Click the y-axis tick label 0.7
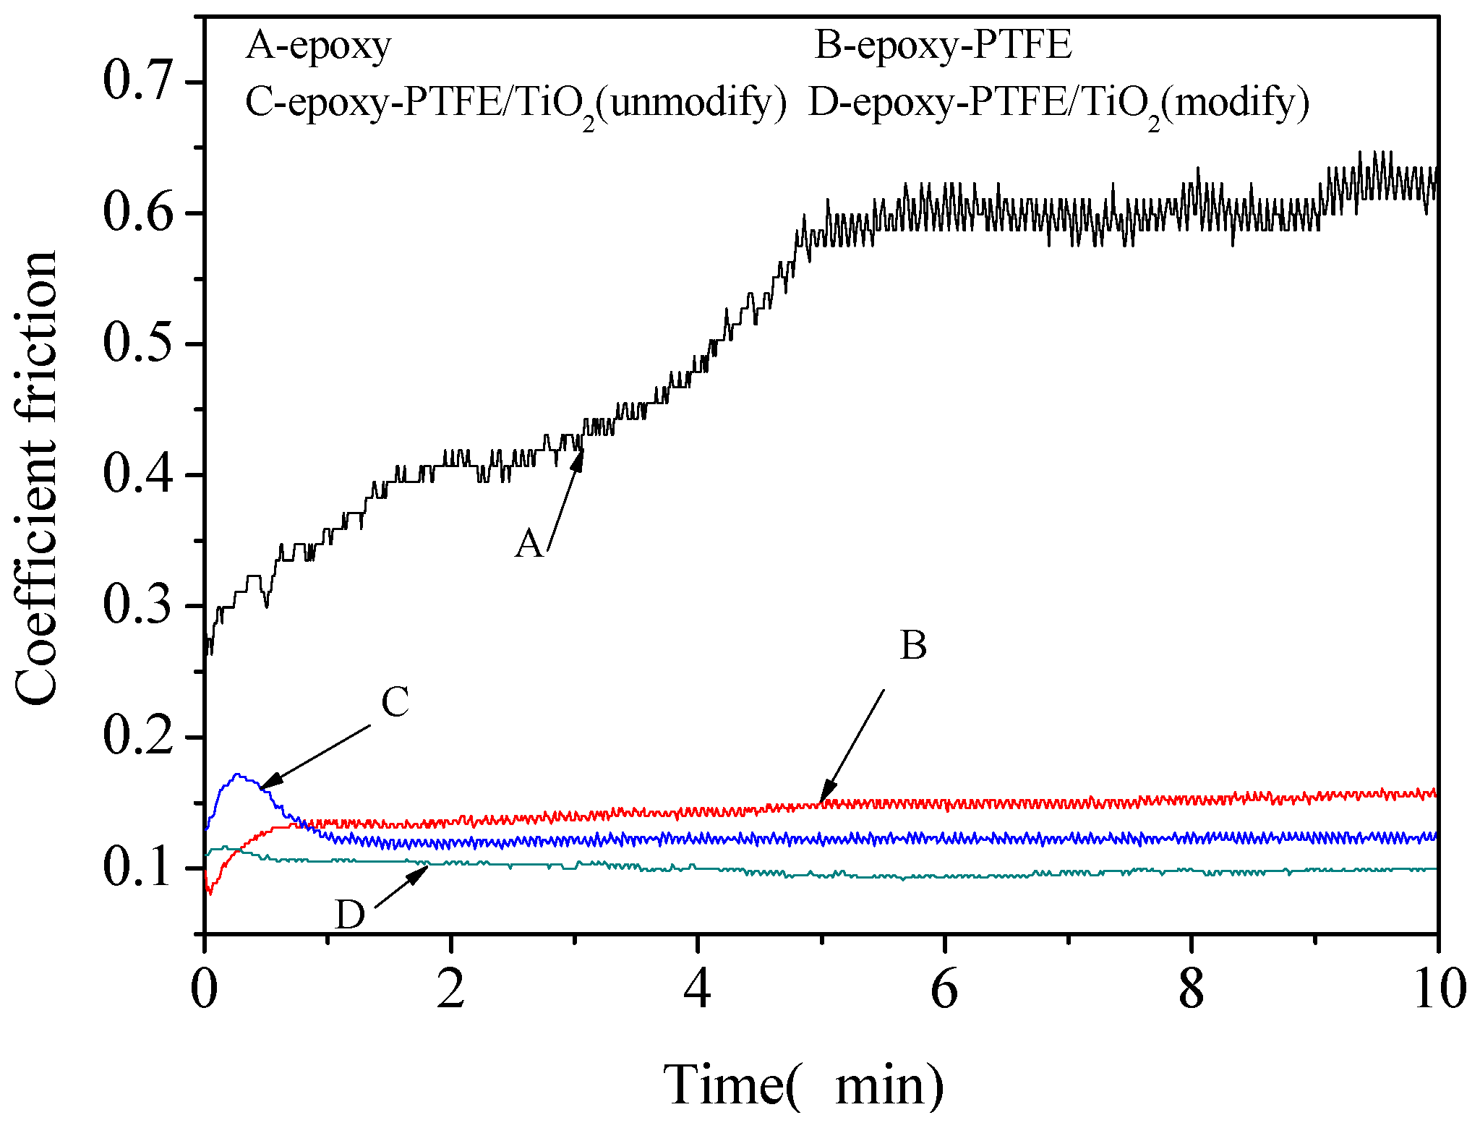(x=139, y=81)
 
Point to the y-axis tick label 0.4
(x=139, y=474)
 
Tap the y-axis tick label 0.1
(x=139, y=868)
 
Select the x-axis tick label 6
(x=944, y=989)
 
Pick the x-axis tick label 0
(x=205, y=989)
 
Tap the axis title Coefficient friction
(x=36, y=477)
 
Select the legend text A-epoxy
(x=318, y=46)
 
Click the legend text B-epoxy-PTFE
(x=943, y=46)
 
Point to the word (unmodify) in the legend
(x=692, y=103)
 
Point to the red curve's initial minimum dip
(x=210, y=894)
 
